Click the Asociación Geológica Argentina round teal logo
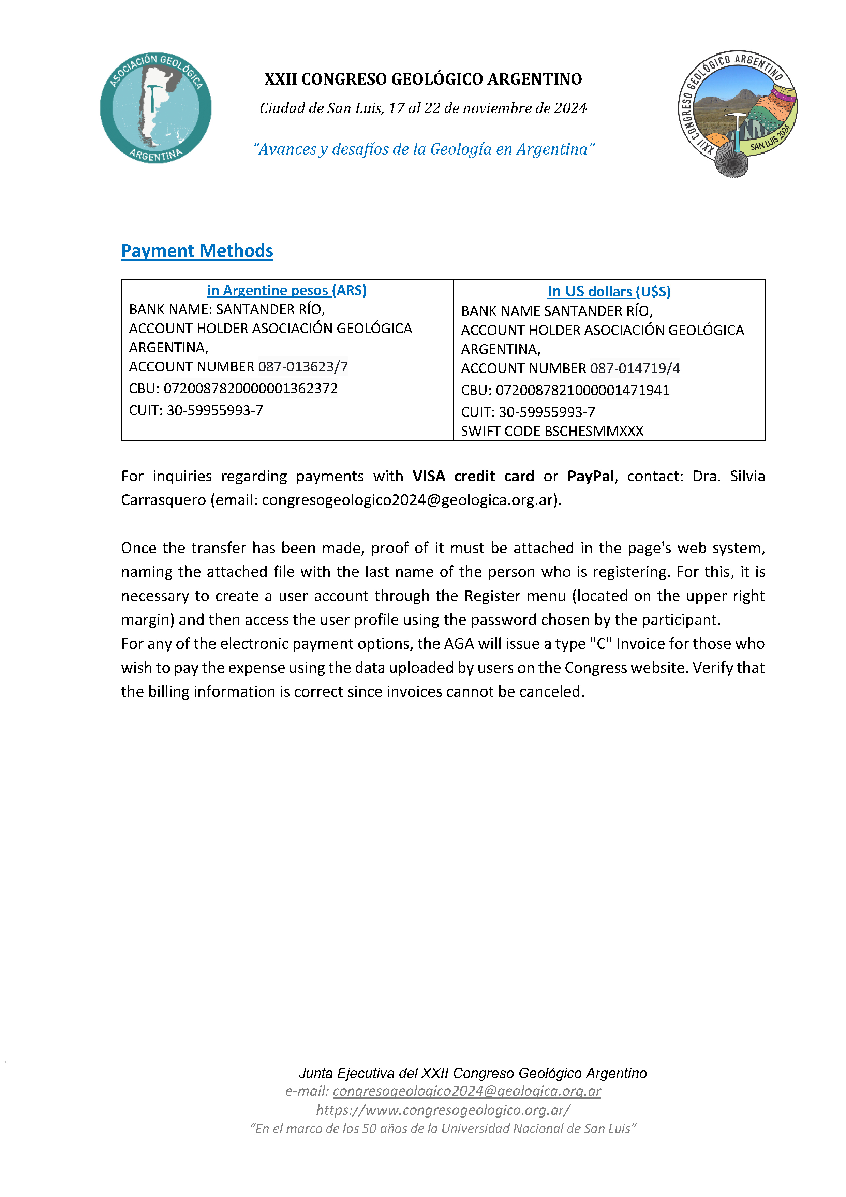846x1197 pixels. click(x=155, y=108)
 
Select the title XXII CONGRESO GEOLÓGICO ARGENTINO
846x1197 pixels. click(x=423, y=79)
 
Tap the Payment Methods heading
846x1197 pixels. click(x=197, y=251)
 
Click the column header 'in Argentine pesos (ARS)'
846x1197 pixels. click(x=287, y=290)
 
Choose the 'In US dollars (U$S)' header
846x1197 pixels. click(x=609, y=291)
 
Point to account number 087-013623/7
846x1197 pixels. click(x=303, y=367)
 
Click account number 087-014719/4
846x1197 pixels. click(x=635, y=369)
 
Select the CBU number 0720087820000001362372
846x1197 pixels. click(x=250, y=389)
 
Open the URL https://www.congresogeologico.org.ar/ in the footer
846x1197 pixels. click(x=443, y=1110)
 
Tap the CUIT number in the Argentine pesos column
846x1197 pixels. click(x=215, y=411)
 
